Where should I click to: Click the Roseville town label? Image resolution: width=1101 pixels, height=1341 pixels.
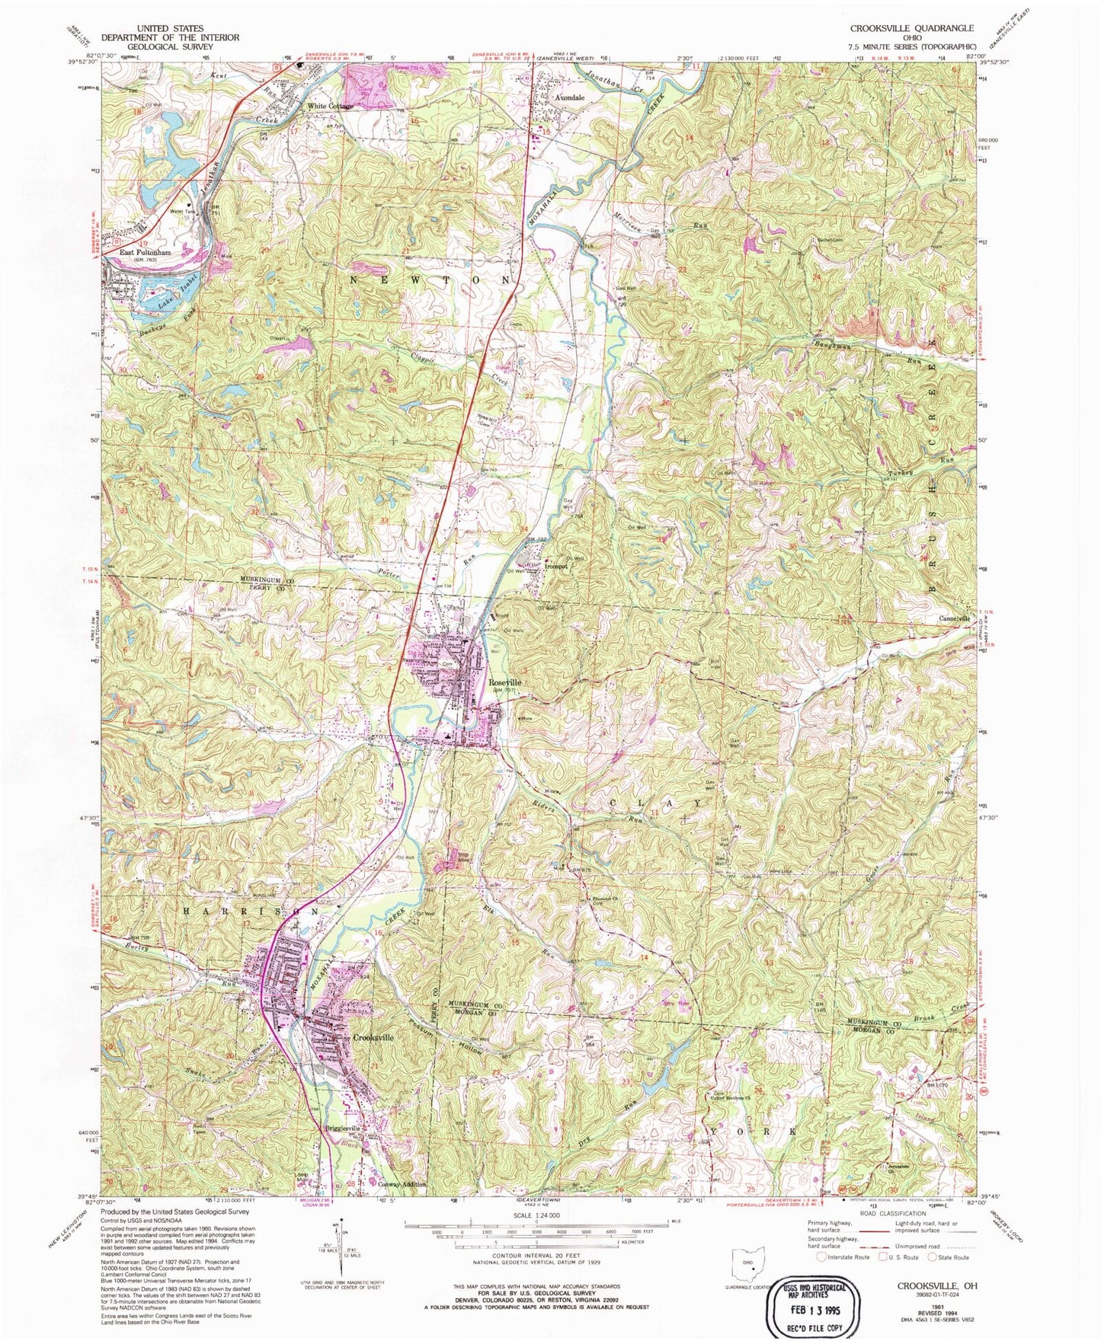[x=504, y=683]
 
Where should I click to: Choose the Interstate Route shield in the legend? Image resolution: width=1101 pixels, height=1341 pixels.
[x=821, y=1257]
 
